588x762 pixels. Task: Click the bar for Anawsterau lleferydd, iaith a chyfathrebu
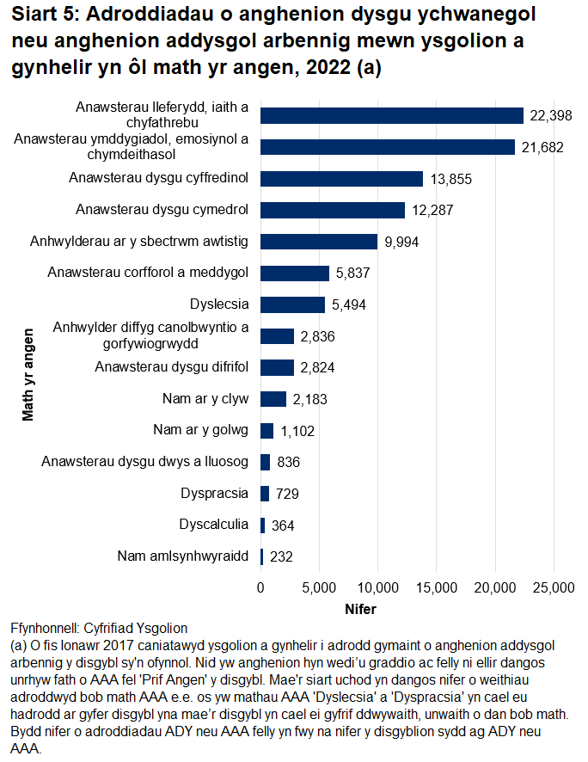click(x=392, y=116)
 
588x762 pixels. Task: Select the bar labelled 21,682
click(x=388, y=147)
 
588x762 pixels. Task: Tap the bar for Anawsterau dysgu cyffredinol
click(x=342, y=179)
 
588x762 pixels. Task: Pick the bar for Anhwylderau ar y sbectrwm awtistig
click(x=319, y=242)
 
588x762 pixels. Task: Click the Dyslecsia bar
click(x=293, y=304)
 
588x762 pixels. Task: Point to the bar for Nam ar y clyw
click(x=273, y=399)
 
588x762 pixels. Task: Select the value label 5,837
click(x=353, y=273)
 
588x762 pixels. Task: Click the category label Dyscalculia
click(x=214, y=525)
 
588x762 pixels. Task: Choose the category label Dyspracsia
click(x=215, y=494)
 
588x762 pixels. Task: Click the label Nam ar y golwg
click(x=200, y=430)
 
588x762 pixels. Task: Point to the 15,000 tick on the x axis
click(x=436, y=587)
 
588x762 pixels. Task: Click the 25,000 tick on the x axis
click(x=553, y=587)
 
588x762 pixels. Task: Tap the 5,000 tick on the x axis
click(x=319, y=587)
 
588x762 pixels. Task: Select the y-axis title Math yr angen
click(x=28, y=373)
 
